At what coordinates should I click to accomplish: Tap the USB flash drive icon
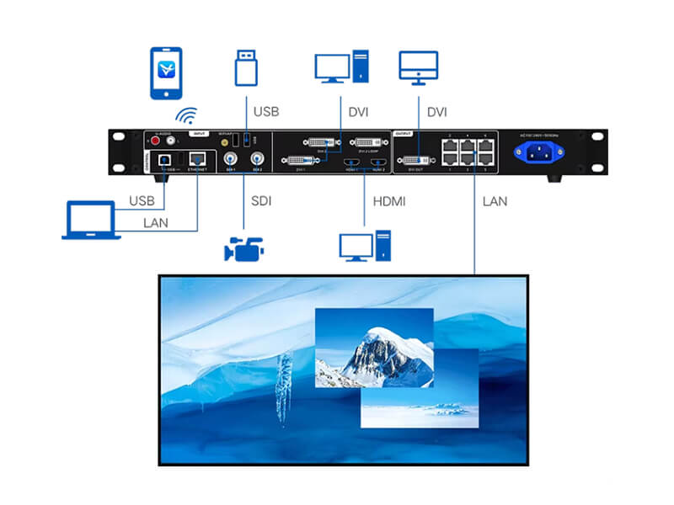coord(244,66)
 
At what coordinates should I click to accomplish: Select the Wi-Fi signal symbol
coord(185,115)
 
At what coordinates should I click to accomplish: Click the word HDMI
coord(390,201)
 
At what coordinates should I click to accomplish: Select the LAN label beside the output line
coord(496,201)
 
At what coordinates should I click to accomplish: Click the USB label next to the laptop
coord(142,201)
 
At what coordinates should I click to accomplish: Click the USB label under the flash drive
coord(265,111)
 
